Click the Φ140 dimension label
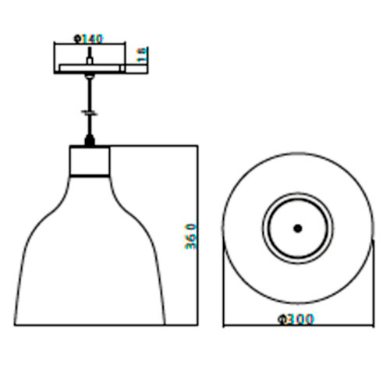tap(89, 39)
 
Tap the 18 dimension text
tap(142, 55)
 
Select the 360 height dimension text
tap(190, 236)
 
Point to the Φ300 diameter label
tap(296, 319)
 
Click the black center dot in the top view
tap(298, 229)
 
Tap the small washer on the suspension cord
tap(90, 112)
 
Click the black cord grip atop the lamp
tap(90, 140)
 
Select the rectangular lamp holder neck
tap(90, 161)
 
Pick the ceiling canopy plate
tap(90, 68)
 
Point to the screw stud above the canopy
tap(90, 55)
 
